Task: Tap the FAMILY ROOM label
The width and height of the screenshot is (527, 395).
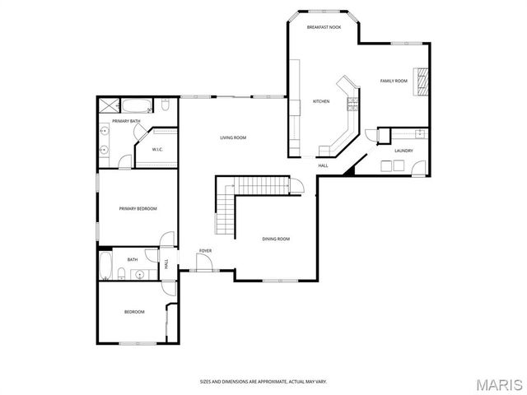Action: pyautogui.click(x=394, y=81)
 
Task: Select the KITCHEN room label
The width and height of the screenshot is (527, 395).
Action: pyautogui.click(x=320, y=102)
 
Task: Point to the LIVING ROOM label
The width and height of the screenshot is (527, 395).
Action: pyautogui.click(x=233, y=137)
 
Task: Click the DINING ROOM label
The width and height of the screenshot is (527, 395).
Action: pyautogui.click(x=276, y=239)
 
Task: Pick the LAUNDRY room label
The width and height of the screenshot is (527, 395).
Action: pyautogui.click(x=403, y=151)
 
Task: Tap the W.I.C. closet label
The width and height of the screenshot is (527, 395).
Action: pyautogui.click(x=157, y=149)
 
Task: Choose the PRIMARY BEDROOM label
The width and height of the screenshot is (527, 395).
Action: pyautogui.click(x=138, y=208)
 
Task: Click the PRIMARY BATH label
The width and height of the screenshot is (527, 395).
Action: pyautogui.click(x=126, y=121)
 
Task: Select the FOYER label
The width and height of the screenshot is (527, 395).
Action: pyautogui.click(x=205, y=250)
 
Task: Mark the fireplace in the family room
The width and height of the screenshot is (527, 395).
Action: pyautogui.click(x=423, y=81)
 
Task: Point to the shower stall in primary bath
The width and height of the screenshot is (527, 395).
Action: pyautogui.click(x=109, y=105)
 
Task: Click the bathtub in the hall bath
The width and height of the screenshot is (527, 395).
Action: pyautogui.click(x=106, y=266)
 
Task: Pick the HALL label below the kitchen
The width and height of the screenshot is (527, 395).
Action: pyautogui.click(x=324, y=165)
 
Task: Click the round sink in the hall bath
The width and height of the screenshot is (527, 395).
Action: pyautogui.click(x=140, y=274)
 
